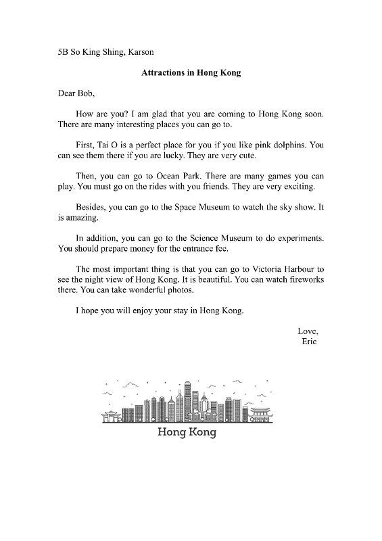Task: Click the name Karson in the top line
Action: point(143,52)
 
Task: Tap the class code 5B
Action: point(64,52)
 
